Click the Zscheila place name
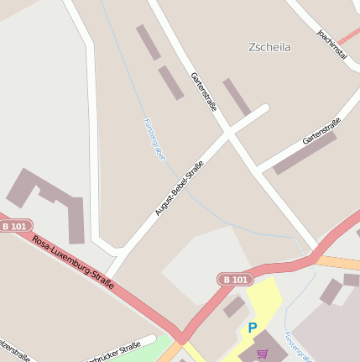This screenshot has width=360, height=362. [269, 47]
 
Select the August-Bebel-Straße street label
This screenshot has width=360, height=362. [180, 188]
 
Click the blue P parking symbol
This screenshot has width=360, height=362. [252, 328]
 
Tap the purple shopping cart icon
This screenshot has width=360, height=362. [263, 354]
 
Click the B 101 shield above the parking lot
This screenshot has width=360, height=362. [235, 279]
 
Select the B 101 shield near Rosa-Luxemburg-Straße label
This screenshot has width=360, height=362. [15, 226]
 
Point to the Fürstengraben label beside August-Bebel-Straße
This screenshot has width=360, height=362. [154, 139]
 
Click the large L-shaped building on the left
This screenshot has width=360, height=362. [50, 202]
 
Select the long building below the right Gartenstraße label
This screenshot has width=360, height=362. [304, 154]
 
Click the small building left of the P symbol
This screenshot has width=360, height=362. [234, 307]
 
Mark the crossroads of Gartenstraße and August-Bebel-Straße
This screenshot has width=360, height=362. [228, 133]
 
